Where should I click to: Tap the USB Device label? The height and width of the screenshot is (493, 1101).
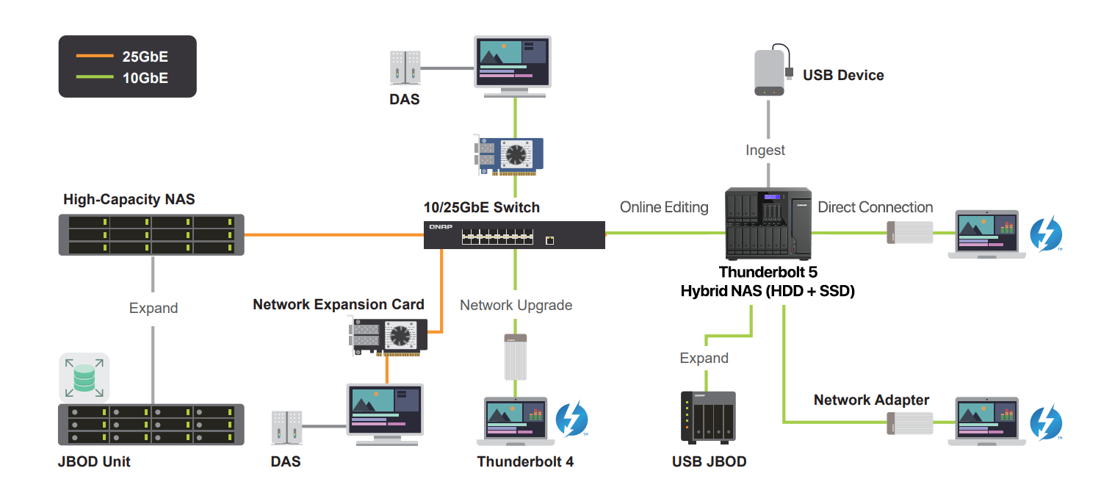click(842, 75)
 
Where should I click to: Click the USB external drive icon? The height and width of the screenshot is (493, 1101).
click(770, 73)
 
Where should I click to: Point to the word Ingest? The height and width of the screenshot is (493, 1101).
click(765, 150)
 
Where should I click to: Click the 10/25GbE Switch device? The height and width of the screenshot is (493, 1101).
click(514, 235)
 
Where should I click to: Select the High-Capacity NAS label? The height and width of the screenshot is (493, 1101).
click(129, 199)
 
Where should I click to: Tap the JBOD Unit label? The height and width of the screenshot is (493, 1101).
click(94, 462)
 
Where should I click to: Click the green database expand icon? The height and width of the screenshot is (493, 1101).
click(84, 378)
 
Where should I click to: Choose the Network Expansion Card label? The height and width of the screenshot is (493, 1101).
click(339, 304)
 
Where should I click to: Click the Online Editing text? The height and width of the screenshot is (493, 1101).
click(664, 207)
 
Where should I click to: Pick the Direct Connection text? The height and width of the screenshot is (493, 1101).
click(875, 207)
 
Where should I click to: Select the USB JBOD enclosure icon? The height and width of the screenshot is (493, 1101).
click(708, 417)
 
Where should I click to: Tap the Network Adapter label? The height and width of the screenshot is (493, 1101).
click(871, 400)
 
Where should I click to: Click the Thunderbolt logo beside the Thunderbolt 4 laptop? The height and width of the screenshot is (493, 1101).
click(572, 419)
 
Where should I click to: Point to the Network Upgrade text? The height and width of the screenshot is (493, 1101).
click(516, 305)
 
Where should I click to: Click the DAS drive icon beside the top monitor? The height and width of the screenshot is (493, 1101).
click(405, 67)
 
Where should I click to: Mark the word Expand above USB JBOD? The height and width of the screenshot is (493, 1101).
click(704, 359)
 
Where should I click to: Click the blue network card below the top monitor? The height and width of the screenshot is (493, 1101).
click(511, 155)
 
